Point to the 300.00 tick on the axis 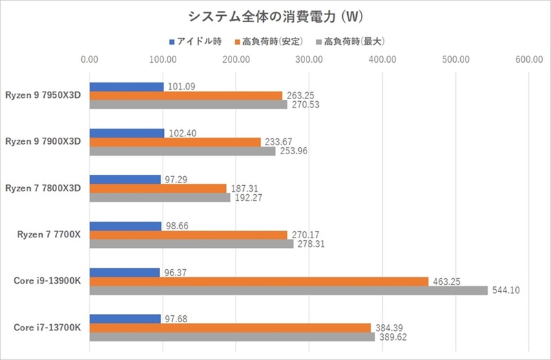tap(309, 60)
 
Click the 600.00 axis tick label tap(529, 60)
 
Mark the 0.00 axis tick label tap(90, 60)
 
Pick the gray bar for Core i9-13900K tap(289, 290)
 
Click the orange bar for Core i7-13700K tap(231, 328)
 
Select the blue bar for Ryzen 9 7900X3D tap(127, 133)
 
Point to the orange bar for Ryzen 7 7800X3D tap(158, 188)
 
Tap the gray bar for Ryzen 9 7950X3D tap(189, 105)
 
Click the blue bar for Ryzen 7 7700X tap(126, 226)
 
